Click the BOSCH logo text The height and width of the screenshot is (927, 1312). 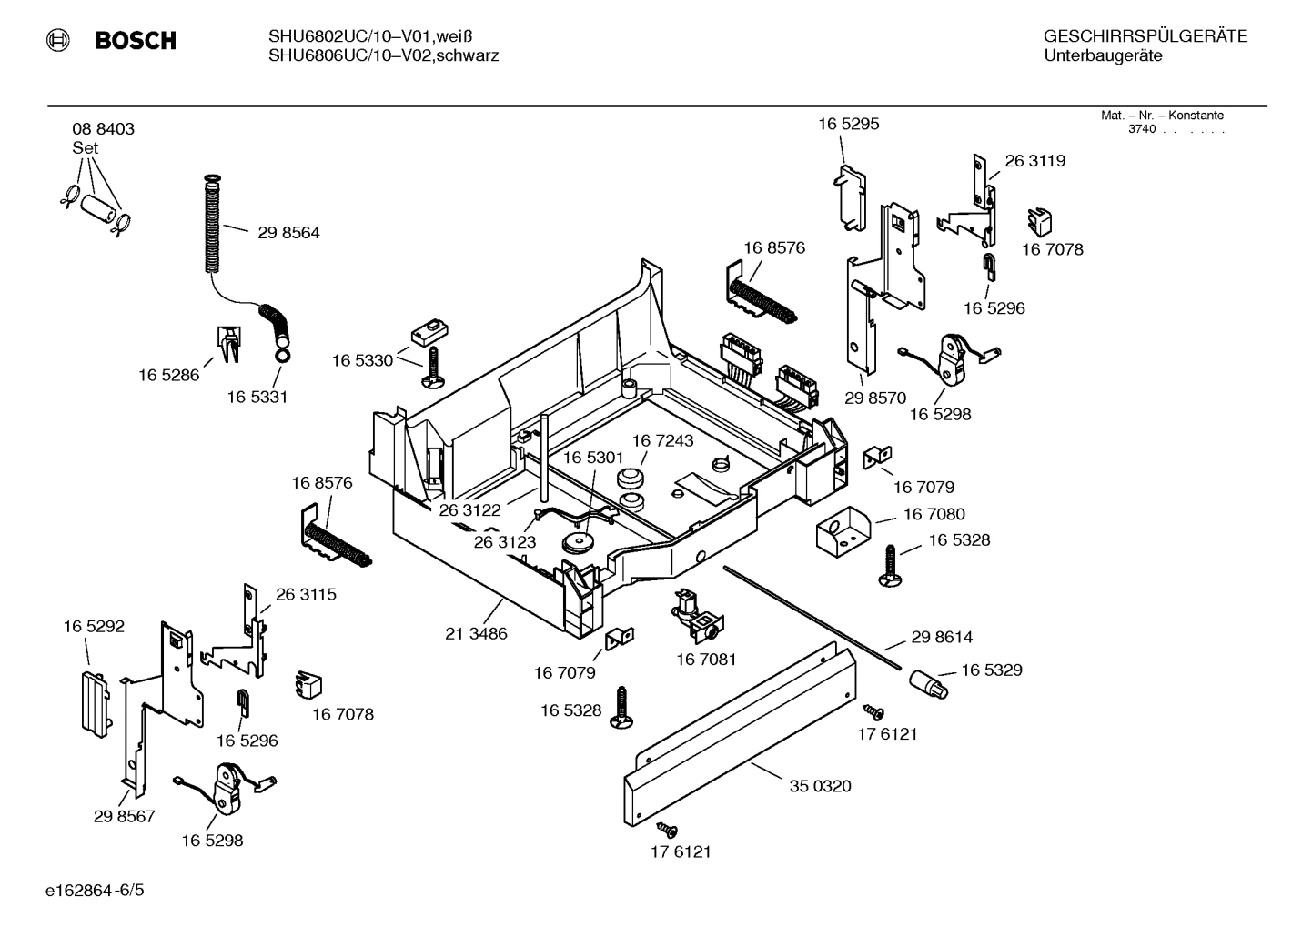click(x=135, y=40)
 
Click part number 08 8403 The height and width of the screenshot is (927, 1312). click(x=103, y=129)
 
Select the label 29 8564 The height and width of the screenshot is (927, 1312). click(x=288, y=233)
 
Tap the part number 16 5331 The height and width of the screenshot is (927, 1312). click(x=257, y=398)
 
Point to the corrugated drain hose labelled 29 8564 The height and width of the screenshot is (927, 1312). click(x=211, y=223)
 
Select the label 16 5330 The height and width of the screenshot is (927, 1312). click(x=362, y=361)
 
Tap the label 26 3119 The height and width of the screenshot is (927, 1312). click(x=1034, y=161)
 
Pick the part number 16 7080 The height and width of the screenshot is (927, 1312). click(x=934, y=515)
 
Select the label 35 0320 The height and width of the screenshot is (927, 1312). click(x=820, y=786)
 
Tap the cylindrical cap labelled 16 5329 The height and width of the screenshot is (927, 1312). click(x=928, y=682)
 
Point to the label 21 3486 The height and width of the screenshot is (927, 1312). click(x=476, y=634)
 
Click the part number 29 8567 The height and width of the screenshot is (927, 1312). click(x=124, y=817)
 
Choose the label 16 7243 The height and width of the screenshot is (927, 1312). click(x=662, y=441)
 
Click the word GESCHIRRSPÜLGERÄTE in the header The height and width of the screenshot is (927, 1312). click(x=1145, y=37)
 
